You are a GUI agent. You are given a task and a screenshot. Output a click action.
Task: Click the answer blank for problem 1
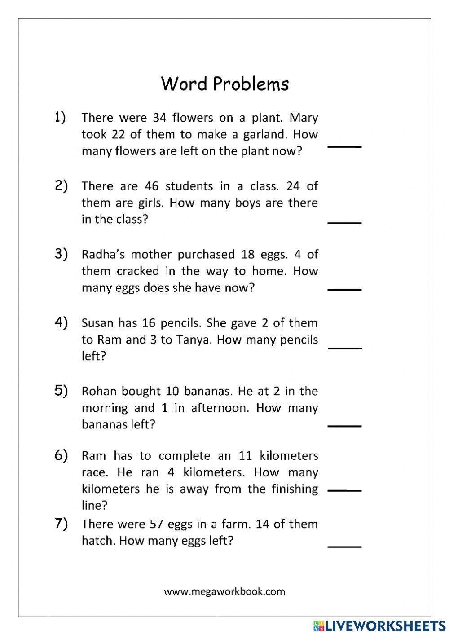pos(344,146)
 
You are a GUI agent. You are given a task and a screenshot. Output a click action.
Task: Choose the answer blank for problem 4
pos(344,348)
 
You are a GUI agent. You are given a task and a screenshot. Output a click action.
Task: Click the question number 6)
pos(61,455)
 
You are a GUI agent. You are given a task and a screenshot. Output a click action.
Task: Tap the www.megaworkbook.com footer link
pos(224,591)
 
